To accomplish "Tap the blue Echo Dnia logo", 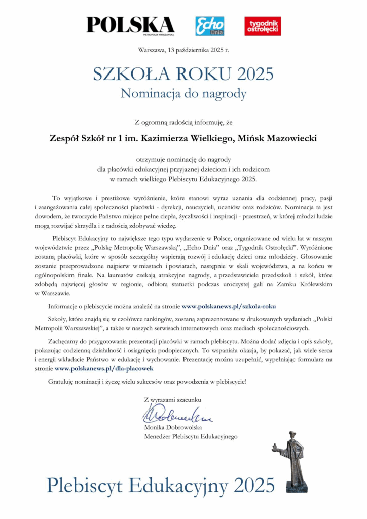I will pos(210,26).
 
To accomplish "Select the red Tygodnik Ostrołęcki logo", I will pos(263,26).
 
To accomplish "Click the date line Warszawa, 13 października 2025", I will pos(183,50).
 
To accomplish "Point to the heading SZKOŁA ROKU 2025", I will pos(183,74).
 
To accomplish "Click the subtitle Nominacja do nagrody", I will pos(183,94).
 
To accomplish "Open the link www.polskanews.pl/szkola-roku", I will pos(229,306).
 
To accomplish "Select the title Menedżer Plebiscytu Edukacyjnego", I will pos(191,436).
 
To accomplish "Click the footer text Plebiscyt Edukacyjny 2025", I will pos(161,485).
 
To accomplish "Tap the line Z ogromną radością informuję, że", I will pos(183,122).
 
